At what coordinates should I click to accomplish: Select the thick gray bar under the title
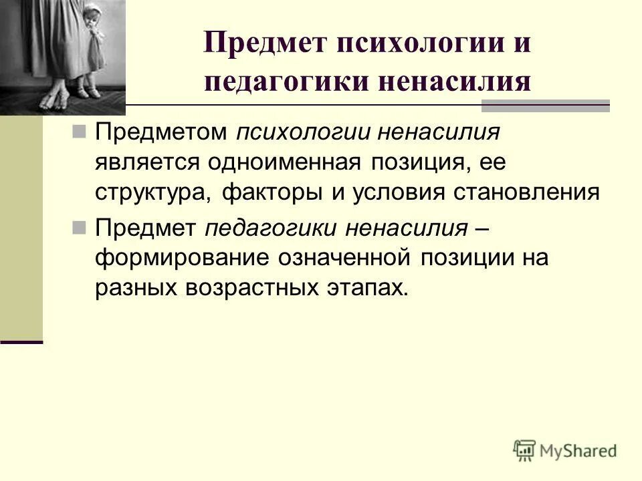[x=546, y=106]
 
